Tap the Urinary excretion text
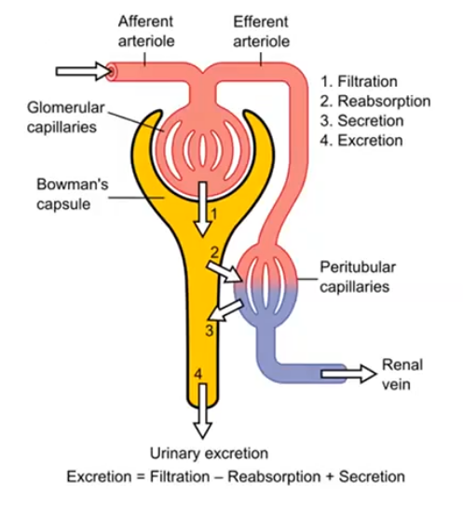tap(210, 453)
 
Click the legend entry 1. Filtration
tap(359, 81)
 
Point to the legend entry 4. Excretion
tap(361, 140)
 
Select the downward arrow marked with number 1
tap(201, 211)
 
